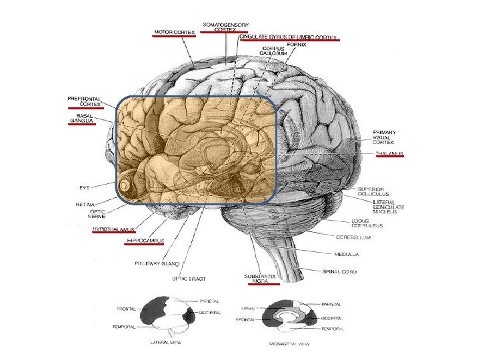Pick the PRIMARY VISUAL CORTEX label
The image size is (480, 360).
click(x=385, y=137)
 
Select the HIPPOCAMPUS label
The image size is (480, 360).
click(x=145, y=240)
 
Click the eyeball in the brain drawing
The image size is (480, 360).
click(x=124, y=185)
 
